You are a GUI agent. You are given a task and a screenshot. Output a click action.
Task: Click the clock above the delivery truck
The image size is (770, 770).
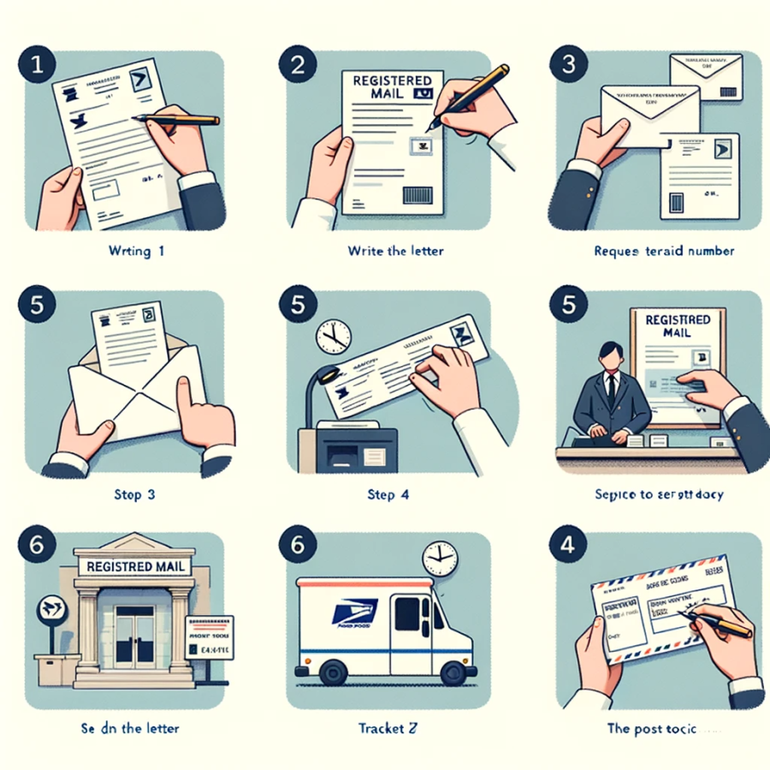[x=441, y=558]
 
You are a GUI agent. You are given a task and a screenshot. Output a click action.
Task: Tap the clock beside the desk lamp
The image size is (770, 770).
[x=334, y=336]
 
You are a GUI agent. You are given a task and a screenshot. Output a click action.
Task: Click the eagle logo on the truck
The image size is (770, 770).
[x=348, y=614]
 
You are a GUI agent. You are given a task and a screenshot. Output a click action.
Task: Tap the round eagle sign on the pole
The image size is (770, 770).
[x=51, y=609]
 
